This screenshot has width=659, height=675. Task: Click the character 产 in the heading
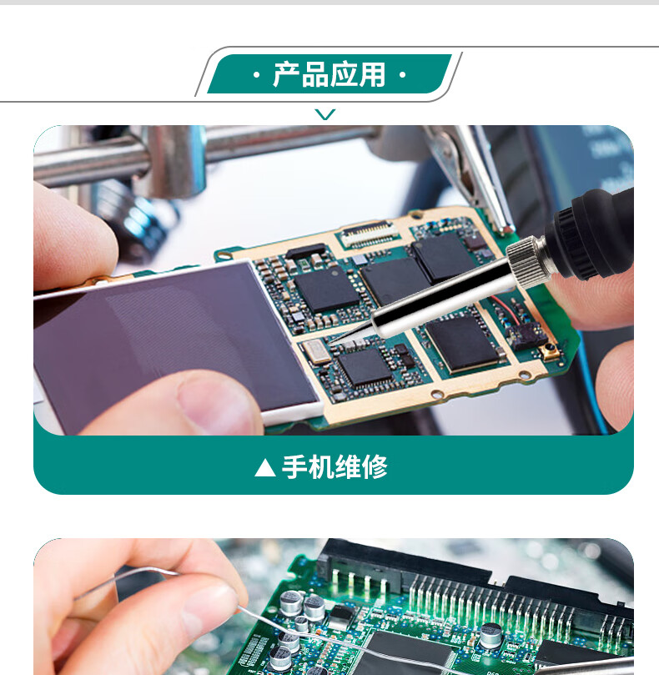286,74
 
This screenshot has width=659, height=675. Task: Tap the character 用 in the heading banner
372,74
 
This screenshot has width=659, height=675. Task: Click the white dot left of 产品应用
257,75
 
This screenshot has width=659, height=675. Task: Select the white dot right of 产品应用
402,75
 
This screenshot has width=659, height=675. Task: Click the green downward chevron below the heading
324,114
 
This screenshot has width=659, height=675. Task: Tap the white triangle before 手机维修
265,467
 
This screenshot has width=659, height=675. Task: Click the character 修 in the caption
375,467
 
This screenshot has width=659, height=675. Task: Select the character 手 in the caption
294,467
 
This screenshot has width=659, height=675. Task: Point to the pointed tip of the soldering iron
330,343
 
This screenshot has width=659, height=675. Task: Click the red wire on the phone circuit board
506,309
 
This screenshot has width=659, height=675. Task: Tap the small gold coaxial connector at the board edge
549,350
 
